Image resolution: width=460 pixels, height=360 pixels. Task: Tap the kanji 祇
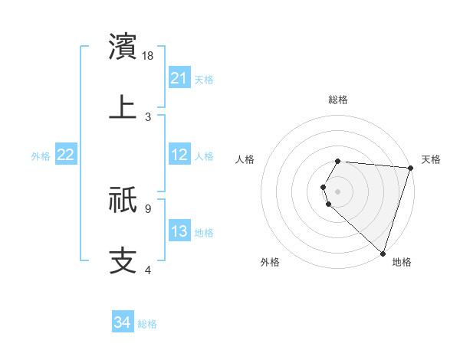[x=123, y=202]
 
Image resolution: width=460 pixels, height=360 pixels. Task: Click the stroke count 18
[x=149, y=55]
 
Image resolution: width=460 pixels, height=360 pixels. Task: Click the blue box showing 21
[x=179, y=78]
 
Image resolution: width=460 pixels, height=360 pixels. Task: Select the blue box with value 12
[x=179, y=155]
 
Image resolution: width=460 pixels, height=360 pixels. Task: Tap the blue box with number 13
[x=179, y=231]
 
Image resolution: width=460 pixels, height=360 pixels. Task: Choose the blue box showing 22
[x=66, y=155]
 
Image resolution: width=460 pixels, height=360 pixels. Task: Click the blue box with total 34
[x=123, y=322]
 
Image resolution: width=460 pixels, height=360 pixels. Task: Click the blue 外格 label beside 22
[x=41, y=155]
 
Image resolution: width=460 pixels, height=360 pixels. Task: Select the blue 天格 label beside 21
[x=204, y=79]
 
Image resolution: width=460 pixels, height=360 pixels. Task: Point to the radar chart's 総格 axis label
[x=338, y=100]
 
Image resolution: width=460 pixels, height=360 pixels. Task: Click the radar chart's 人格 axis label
[x=245, y=159]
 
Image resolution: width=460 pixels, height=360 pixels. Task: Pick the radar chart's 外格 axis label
[x=270, y=262]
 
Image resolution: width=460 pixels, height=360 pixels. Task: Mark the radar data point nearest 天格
[x=410, y=169]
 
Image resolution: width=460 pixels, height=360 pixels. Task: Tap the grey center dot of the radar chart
[x=338, y=191]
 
